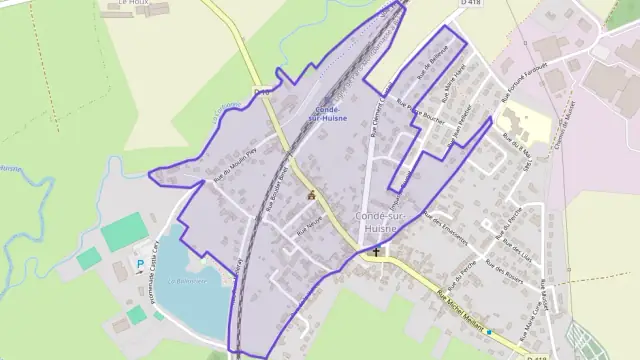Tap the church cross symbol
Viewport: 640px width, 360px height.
[377, 250]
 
